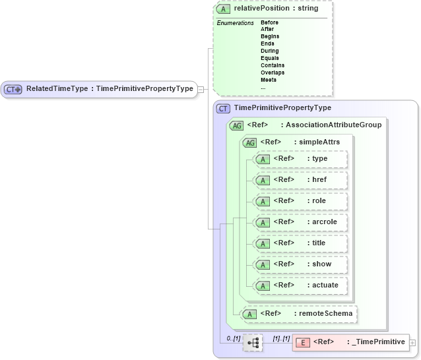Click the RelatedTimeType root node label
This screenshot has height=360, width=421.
click(x=110, y=89)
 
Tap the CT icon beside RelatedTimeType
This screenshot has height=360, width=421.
click(x=13, y=89)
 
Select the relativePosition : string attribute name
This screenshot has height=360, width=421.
click(x=276, y=9)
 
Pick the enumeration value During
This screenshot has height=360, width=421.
click(x=269, y=51)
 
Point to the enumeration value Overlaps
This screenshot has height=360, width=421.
click(x=273, y=73)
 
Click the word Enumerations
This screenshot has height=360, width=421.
click(x=235, y=23)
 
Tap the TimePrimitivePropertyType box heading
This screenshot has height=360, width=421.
click(x=283, y=108)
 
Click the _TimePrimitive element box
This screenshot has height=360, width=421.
click(x=350, y=342)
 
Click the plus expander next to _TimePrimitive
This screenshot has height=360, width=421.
click(x=412, y=343)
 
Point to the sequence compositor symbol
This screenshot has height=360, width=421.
click(x=252, y=343)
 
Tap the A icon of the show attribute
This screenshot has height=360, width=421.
click(x=263, y=264)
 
